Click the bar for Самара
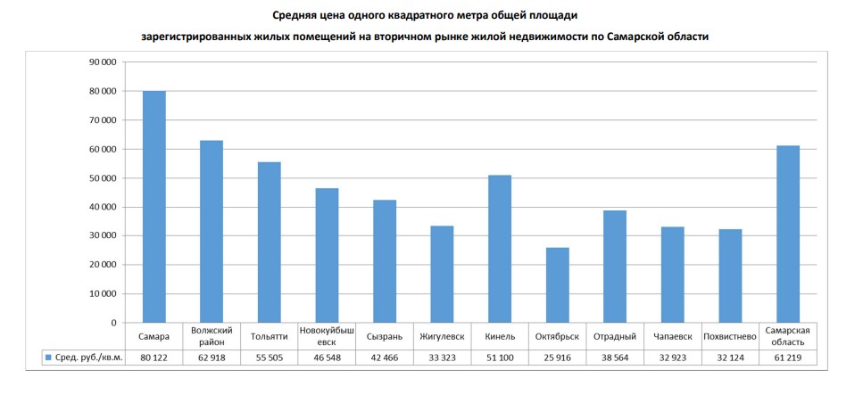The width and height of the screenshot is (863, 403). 154,207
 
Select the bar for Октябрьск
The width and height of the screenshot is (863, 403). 557,285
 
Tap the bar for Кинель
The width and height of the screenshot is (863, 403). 500,249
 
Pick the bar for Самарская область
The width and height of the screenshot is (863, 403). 788,234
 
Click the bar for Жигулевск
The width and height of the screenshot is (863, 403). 442,275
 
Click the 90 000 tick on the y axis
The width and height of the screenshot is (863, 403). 102,62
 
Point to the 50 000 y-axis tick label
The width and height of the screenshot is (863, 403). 102,178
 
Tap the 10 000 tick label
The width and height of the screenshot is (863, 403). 102,293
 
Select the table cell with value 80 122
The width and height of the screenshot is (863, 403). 154,357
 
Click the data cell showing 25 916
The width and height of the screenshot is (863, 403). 557,357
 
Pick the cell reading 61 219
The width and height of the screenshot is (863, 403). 788,357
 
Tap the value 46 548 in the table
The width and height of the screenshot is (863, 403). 327,357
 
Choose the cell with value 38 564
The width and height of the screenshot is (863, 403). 615,357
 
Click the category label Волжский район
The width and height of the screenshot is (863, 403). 212,336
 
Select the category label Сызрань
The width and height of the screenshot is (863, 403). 385,336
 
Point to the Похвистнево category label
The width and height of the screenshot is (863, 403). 730,336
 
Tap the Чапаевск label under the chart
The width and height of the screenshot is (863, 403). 673,336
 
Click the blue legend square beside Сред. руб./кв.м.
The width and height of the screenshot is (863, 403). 47,357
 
